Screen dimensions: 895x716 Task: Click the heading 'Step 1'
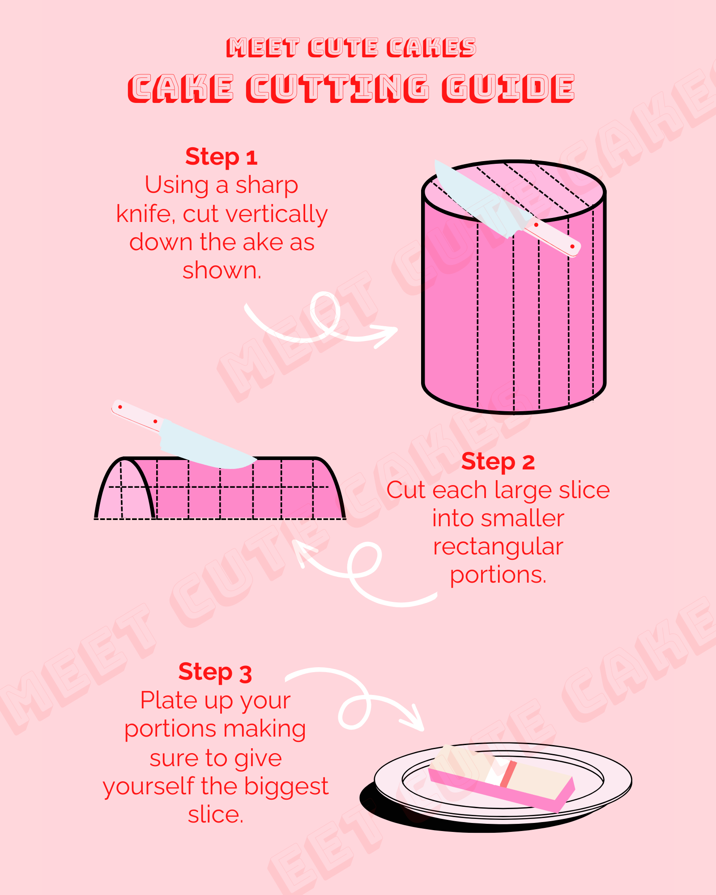click(x=222, y=157)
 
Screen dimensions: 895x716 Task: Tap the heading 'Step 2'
click(x=498, y=462)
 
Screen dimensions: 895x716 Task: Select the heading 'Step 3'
click(x=215, y=672)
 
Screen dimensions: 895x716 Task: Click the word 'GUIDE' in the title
click(x=508, y=88)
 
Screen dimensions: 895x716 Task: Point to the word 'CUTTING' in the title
click(x=337, y=88)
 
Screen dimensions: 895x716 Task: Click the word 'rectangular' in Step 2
click(x=498, y=547)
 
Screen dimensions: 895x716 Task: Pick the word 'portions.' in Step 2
click(x=498, y=575)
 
